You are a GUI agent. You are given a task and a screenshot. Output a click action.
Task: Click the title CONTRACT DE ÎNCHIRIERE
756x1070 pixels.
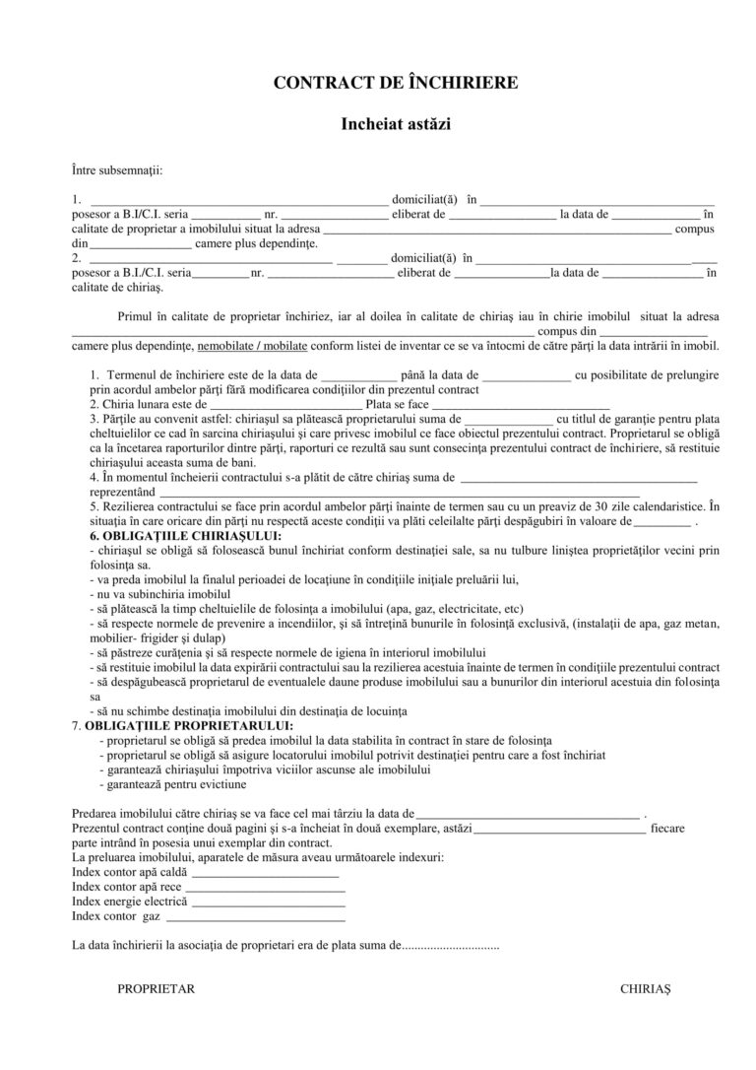pyautogui.click(x=395, y=83)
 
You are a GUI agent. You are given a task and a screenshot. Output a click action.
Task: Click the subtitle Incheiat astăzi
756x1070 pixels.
pyautogui.click(x=395, y=125)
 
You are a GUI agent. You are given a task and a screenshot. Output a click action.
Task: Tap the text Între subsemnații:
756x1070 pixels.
pyautogui.click(x=117, y=170)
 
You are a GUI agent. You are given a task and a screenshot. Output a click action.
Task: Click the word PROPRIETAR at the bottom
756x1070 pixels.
pyautogui.click(x=156, y=987)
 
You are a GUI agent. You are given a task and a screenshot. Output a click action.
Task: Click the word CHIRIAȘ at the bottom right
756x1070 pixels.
pyautogui.click(x=645, y=987)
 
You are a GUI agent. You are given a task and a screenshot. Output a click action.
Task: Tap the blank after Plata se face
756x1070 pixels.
pyautogui.click(x=521, y=404)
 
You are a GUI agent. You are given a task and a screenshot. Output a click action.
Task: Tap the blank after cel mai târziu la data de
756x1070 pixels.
pyautogui.click(x=527, y=815)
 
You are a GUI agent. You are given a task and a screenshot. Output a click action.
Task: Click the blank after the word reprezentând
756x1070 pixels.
pyautogui.click(x=399, y=492)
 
